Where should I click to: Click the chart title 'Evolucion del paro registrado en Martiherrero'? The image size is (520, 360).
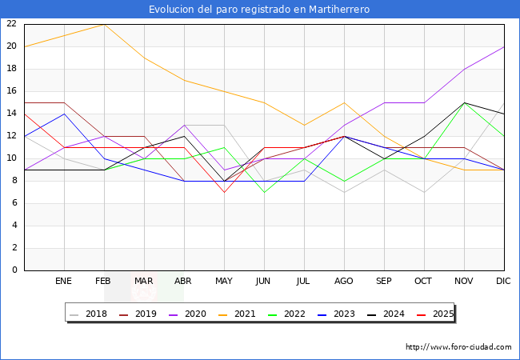259,10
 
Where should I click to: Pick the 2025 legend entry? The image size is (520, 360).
442,314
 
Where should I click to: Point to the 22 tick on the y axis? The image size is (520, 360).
11,23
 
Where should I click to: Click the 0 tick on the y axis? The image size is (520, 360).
14,270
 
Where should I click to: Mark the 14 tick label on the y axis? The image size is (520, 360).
11,113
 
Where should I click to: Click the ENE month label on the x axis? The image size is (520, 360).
64,282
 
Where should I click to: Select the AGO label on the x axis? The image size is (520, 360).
344,282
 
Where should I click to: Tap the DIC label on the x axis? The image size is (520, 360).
503,282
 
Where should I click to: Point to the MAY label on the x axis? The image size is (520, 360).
224,282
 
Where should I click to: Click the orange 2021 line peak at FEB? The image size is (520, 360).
104,24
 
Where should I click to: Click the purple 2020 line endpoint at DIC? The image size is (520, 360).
504,46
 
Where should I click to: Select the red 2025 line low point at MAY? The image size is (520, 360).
224,192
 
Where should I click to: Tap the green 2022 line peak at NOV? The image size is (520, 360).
464,102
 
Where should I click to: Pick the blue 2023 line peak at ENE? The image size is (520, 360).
64,114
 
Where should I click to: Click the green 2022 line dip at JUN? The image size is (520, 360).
264,192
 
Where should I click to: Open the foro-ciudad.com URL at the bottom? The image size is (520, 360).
458,347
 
